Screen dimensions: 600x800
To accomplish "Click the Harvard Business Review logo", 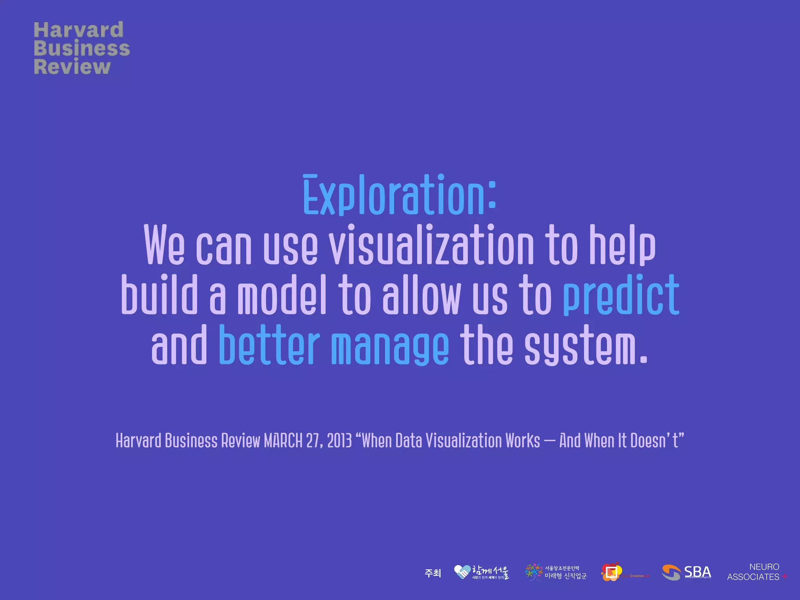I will (x=81, y=48).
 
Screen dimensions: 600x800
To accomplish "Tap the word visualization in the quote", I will (x=431, y=245).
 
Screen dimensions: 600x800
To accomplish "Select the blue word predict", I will (x=621, y=295).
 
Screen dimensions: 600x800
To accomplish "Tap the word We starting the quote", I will (x=164, y=245).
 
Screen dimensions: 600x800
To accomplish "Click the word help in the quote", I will (x=622, y=245).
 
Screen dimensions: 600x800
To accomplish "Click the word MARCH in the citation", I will (x=283, y=441).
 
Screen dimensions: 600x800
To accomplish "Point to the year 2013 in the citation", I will (x=339, y=441).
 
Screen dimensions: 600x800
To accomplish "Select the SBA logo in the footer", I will (x=686, y=573).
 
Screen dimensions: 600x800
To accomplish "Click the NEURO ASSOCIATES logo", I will (x=756, y=572).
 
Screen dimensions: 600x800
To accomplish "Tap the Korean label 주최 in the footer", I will (x=432, y=573).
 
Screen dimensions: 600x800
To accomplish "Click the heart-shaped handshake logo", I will (x=462, y=572).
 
